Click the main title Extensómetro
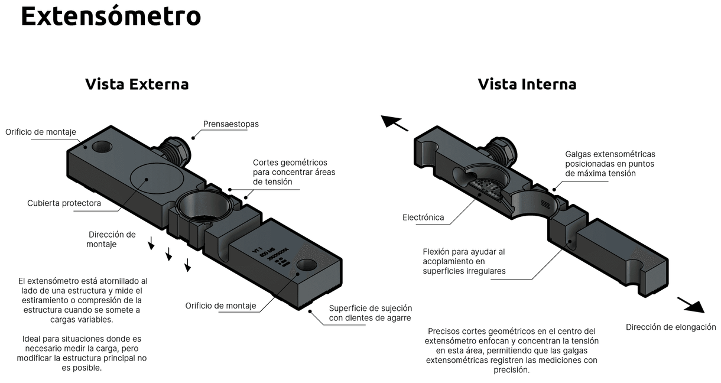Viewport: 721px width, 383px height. click(111, 17)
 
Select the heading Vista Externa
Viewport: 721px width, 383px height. click(137, 84)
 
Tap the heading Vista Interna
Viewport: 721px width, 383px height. click(527, 84)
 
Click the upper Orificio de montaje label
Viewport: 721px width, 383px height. click(41, 132)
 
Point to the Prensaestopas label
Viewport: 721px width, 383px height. click(230, 124)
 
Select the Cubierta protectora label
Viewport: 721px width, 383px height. click(64, 203)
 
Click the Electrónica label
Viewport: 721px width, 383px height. click(423, 218)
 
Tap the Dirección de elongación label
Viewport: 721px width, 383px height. click(671, 327)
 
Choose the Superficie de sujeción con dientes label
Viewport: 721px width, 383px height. click(371, 313)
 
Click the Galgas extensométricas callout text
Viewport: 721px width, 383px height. click(609, 164)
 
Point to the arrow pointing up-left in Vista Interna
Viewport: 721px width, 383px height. click(394, 122)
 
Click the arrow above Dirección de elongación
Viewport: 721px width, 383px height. click(690, 304)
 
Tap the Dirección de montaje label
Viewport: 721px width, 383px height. click(112, 239)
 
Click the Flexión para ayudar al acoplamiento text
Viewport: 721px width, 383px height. click(463, 261)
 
